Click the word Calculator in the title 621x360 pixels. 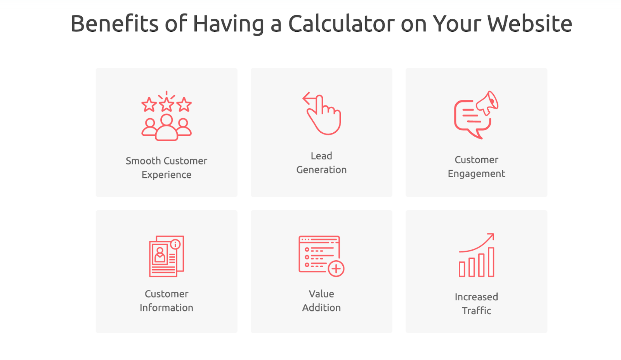coord(341,23)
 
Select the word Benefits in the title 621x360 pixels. coord(114,23)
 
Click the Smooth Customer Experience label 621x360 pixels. coord(167,168)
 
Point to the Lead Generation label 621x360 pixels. coord(321,163)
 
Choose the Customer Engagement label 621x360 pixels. coord(476,166)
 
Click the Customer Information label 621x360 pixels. coord(167,301)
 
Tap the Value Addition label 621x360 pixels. coord(321,301)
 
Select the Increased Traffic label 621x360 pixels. coord(476,304)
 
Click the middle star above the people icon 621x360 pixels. coord(167,105)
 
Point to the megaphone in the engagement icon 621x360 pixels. coord(487,103)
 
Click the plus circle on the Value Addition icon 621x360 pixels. coord(336,268)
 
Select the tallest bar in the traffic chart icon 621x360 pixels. coord(491,262)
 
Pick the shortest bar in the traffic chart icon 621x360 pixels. coord(462,269)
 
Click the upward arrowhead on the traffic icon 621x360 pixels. coord(491,236)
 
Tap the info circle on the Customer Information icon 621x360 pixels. coord(175,244)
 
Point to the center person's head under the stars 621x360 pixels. coord(167,120)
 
